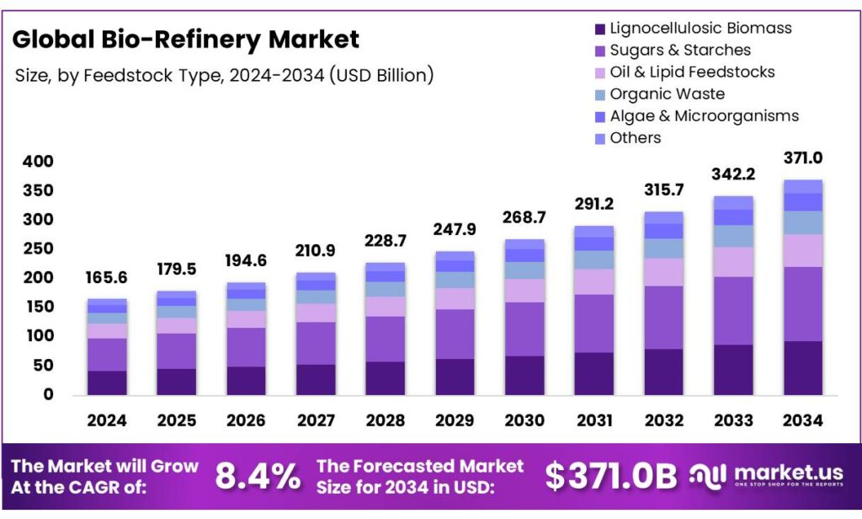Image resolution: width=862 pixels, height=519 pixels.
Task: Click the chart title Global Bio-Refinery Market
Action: [x=185, y=39]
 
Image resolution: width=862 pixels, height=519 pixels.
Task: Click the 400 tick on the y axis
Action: [x=38, y=162]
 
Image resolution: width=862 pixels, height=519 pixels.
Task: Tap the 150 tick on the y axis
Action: [x=38, y=307]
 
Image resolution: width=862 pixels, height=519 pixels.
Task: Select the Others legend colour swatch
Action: [x=599, y=138]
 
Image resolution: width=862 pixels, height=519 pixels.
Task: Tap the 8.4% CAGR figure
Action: [x=258, y=477]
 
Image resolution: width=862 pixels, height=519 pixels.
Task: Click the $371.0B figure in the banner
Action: [x=610, y=477]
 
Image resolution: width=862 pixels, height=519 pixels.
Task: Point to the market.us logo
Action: [x=768, y=477]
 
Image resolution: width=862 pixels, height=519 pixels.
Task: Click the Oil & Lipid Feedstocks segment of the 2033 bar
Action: [x=733, y=261]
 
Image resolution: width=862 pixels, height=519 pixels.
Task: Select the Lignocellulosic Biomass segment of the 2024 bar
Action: [x=107, y=383]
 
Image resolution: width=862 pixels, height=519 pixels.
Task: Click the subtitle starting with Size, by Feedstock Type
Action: [x=224, y=76]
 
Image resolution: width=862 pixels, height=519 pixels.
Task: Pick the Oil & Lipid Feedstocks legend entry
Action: [x=691, y=72]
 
